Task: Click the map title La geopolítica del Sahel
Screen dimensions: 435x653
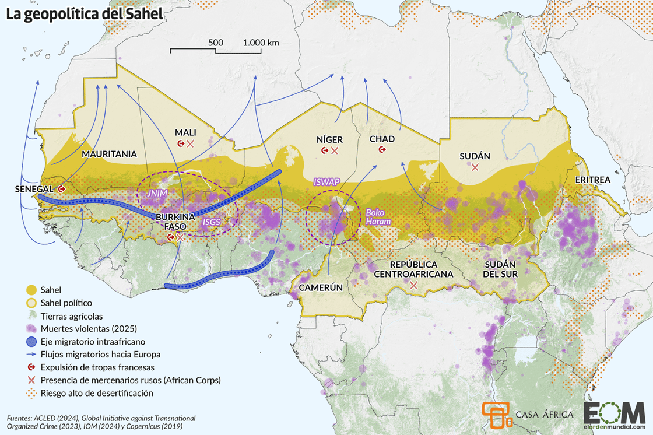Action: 85,15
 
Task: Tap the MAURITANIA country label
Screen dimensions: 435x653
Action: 109,155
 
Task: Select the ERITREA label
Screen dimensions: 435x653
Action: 592,180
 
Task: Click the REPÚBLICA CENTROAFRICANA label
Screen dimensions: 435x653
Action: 413,269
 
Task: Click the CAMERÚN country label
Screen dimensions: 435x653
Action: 320,287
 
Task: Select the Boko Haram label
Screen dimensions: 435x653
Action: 378,218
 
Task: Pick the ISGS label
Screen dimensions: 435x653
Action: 211,222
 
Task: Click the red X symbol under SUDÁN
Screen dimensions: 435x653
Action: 475,167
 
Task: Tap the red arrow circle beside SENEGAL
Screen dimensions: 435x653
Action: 61,189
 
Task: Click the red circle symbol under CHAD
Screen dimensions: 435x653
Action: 382,150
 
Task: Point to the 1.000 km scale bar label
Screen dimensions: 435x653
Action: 261,43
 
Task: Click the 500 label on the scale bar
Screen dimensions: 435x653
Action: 216,43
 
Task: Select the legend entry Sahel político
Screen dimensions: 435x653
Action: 66,303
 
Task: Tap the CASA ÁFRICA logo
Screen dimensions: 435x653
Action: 528,415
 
